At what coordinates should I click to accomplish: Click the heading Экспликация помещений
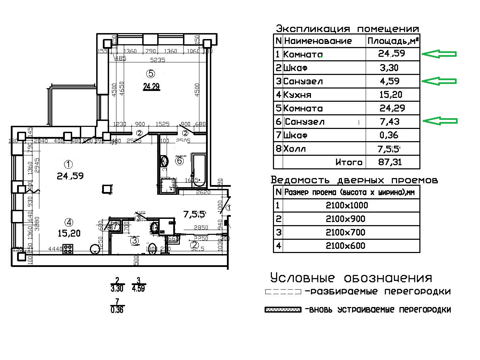347,29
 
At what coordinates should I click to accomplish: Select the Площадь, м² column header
393,41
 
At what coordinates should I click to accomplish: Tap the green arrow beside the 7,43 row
440,121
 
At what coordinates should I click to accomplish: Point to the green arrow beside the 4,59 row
439,81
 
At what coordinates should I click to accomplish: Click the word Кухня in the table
297,95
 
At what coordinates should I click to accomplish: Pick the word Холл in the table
295,149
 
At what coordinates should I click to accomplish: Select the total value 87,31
390,162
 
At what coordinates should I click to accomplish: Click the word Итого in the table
349,162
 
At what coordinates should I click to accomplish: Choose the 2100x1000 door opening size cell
347,205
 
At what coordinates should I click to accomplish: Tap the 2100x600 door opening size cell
345,246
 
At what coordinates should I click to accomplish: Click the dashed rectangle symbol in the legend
283,292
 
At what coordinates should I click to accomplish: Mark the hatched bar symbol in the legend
283,310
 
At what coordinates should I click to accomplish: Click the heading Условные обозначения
351,278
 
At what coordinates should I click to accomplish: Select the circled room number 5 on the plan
151,74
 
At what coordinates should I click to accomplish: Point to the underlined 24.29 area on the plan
151,86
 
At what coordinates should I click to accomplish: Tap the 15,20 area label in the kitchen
69,233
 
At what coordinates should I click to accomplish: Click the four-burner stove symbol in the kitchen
68,249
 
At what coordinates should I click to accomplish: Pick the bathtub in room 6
199,169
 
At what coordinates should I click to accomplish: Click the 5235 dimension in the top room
158,60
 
